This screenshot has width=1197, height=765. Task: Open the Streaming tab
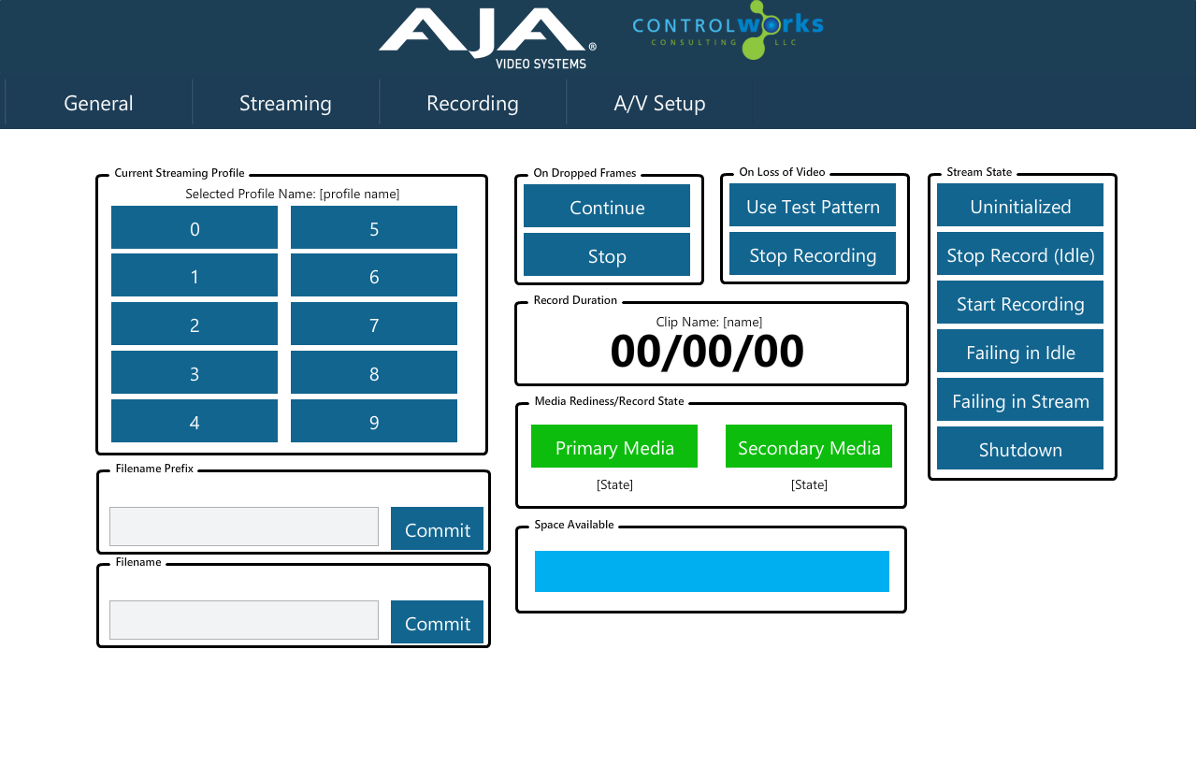pos(285,103)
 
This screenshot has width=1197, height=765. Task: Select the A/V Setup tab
pos(659,103)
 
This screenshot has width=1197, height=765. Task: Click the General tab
pos(98,103)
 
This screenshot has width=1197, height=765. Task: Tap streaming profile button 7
pos(373,325)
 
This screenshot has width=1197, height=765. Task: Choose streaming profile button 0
pos(195,227)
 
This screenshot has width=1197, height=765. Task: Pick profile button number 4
pos(195,421)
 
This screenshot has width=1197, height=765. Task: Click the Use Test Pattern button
pos(813,205)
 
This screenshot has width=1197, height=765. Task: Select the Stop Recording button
pos(813,253)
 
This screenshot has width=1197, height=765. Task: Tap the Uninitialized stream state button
pos(1020,205)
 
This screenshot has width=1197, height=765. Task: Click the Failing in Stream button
pos(1020,399)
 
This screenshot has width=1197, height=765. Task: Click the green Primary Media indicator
pos(614,446)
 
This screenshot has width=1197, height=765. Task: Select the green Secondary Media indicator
pos(809,446)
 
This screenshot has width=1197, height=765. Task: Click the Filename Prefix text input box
pos(244,527)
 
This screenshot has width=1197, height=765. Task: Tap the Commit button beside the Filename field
pos(437,622)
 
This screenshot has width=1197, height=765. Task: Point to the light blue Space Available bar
pos(712,571)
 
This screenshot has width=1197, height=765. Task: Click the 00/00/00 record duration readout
pos(707,352)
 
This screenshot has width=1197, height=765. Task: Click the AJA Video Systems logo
pos(487,38)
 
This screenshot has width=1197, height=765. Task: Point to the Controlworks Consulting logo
pos(728,30)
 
